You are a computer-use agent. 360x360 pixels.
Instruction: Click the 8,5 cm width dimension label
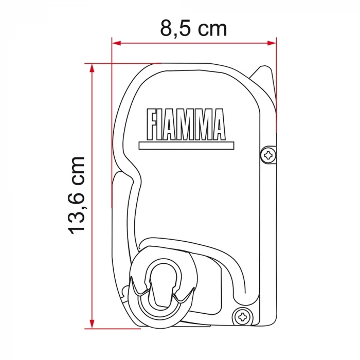click(x=193, y=28)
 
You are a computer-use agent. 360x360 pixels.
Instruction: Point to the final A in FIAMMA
click(x=217, y=125)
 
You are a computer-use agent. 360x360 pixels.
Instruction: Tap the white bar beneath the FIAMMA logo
click(x=182, y=146)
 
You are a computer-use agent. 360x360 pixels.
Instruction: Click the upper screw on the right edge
click(x=268, y=154)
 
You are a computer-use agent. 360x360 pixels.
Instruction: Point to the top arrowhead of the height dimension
click(x=92, y=67)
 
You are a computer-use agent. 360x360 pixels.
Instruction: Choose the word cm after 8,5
click(x=211, y=29)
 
